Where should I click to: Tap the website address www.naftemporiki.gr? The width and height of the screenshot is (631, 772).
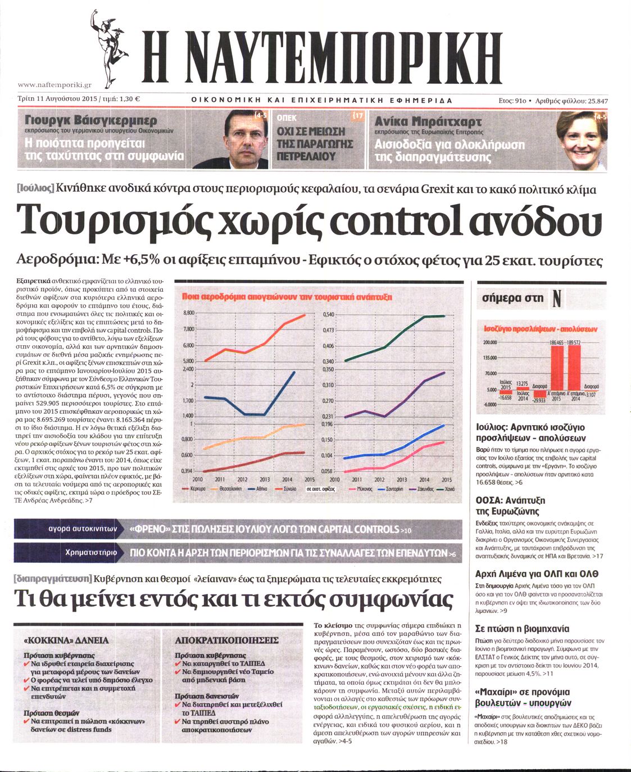55,85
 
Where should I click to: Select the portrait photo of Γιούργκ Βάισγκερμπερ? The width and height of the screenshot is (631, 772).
246,139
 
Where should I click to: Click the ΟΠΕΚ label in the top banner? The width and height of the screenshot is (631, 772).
287,118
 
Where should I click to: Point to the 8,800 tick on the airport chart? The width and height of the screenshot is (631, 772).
189,313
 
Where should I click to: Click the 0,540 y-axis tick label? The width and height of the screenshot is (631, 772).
328,314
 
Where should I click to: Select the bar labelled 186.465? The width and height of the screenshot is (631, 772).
556,372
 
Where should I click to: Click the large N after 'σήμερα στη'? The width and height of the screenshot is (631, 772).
556,298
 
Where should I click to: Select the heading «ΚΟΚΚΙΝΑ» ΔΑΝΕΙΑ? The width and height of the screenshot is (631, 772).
66,640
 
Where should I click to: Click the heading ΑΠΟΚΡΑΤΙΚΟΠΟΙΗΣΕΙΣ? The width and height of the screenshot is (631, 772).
226,640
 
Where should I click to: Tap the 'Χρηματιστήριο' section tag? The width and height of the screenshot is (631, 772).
91,552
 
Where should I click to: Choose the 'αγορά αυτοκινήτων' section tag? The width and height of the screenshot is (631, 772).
83,529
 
